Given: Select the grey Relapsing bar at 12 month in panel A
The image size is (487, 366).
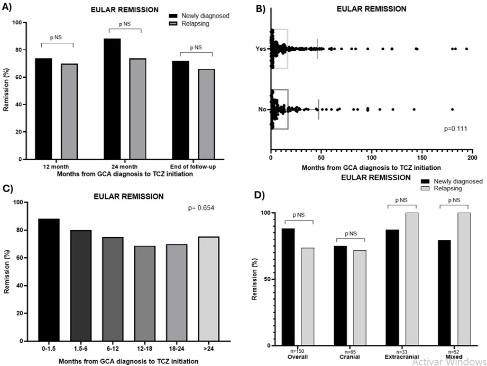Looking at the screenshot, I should coord(69,111).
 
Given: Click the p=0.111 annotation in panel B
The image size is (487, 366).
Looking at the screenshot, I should coord(456,129).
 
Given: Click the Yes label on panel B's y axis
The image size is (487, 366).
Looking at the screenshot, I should coord(260,49).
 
